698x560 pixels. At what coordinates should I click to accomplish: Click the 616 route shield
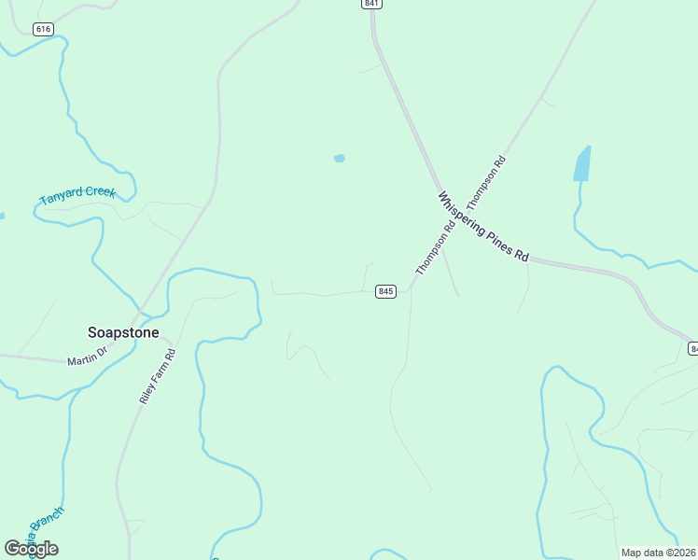point(43,29)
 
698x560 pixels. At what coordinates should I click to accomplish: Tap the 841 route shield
point(372,5)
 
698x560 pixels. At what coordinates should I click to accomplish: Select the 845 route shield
point(386,292)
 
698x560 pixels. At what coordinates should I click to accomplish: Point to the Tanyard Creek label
point(77,196)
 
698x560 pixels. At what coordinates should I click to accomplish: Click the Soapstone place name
point(123,332)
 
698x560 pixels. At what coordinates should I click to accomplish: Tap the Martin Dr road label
point(88,357)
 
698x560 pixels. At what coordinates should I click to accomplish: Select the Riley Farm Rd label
point(157,375)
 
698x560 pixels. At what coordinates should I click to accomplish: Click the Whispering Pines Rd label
point(483,227)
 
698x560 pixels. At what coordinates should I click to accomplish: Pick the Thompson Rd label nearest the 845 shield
point(436,247)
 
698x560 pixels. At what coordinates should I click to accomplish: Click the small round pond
point(340,158)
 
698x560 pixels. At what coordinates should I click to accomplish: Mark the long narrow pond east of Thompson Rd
point(582,164)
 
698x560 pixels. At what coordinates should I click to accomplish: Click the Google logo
point(31,549)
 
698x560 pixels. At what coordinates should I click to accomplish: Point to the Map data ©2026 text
point(659,553)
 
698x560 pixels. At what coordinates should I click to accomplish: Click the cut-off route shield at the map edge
point(693,348)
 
